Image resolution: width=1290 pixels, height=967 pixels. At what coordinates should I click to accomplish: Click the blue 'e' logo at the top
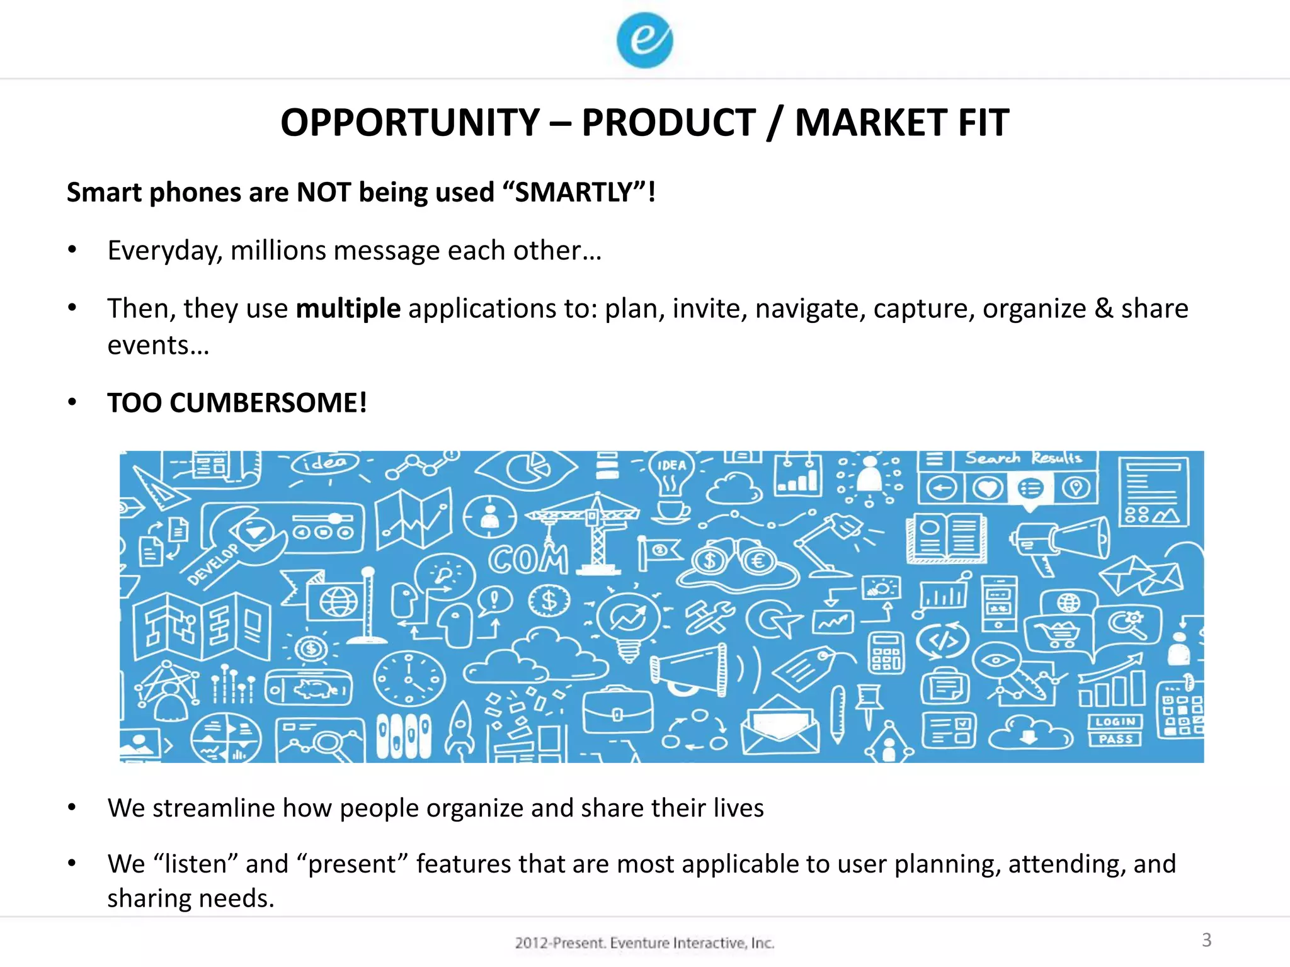tap(644, 40)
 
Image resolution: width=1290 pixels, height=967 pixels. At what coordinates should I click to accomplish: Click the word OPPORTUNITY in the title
tap(410, 122)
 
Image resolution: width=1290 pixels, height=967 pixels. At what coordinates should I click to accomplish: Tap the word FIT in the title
tap(983, 122)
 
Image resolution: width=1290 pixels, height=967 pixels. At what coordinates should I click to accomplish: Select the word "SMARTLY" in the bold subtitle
tap(573, 192)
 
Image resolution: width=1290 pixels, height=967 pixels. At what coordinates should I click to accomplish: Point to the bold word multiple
tap(348, 308)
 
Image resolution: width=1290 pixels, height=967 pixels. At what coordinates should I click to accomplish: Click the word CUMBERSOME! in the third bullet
tap(268, 403)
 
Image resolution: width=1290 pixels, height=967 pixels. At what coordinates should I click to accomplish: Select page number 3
tap(1206, 940)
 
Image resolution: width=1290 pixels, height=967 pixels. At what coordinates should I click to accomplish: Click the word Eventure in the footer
tap(639, 943)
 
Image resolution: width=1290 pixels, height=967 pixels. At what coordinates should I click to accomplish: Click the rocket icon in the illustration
tap(460, 730)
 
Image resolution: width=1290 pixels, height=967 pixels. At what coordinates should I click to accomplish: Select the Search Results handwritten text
tap(1023, 458)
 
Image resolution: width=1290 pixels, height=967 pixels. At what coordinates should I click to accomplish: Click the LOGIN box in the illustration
tap(1115, 721)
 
